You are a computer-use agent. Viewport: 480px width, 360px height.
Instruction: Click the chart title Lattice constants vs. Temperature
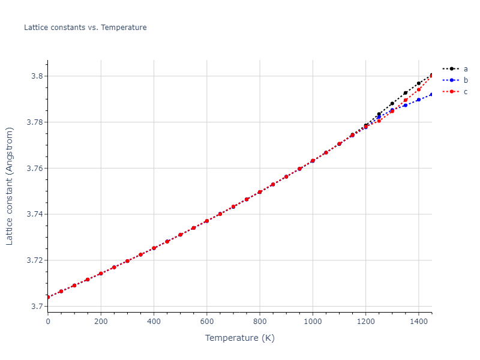[85, 28]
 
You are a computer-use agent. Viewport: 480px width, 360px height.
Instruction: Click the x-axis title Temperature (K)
[239, 338]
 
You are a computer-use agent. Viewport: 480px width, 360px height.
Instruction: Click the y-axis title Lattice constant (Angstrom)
[10, 186]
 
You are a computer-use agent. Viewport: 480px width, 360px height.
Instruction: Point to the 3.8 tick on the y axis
[35, 76]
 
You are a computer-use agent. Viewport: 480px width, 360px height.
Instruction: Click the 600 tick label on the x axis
[206, 321]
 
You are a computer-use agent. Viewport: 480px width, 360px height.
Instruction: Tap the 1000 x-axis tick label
[313, 321]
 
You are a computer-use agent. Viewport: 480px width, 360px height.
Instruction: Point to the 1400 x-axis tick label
[418, 321]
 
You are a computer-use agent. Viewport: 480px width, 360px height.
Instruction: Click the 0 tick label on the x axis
[48, 321]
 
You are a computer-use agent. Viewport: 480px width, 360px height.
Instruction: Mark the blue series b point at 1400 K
[419, 100]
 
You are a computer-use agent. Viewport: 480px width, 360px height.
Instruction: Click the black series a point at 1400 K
[419, 83]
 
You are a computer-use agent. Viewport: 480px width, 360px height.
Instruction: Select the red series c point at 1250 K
[379, 121]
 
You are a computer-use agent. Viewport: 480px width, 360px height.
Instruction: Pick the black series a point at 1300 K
[392, 103]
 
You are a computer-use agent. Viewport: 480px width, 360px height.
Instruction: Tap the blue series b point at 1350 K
[406, 105]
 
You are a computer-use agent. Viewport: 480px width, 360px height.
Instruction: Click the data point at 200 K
[101, 274]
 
